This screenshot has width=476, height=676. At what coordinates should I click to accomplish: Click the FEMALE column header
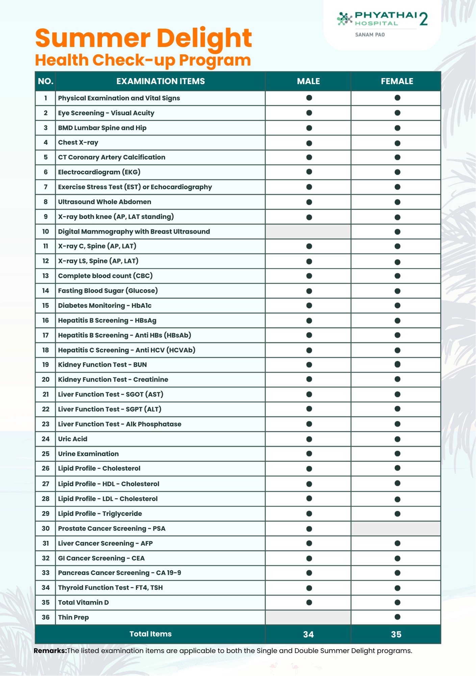(x=397, y=81)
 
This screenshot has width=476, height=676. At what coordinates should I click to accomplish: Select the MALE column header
(x=308, y=81)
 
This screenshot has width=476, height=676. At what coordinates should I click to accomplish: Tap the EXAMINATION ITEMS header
(x=160, y=81)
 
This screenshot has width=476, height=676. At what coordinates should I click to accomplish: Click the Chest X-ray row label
(x=78, y=142)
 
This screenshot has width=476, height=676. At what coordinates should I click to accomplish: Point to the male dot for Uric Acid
(x=309, y=439)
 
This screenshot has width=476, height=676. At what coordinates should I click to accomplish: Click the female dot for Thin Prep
(x=397, y=617)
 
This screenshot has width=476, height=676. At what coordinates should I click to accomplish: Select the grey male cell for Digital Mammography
(x=308, y=232)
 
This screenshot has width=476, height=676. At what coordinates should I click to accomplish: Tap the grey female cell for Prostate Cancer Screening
(x=396, y=528)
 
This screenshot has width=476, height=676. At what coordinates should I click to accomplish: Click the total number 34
(x=308, y=634)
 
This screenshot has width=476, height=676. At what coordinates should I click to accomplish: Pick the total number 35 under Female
(x=396, y=634)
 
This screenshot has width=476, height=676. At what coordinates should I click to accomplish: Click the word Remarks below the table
(x=50, y=651)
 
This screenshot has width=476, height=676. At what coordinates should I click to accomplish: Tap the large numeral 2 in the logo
(x=423, y=19)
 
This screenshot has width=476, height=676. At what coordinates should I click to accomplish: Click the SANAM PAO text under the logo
(x=370, y=34)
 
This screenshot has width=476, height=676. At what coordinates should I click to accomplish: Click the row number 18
(x=46, y=350)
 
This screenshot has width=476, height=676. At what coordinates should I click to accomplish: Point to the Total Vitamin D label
(x=83, y=602)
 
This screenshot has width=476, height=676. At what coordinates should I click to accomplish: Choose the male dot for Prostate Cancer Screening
(x=309, y=529)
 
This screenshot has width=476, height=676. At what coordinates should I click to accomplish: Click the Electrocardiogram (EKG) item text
(x=99, y=172)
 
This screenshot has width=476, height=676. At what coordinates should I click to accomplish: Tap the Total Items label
(x=150, y=634)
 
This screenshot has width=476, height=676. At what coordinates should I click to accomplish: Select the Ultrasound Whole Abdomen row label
(x=104, y=202)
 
